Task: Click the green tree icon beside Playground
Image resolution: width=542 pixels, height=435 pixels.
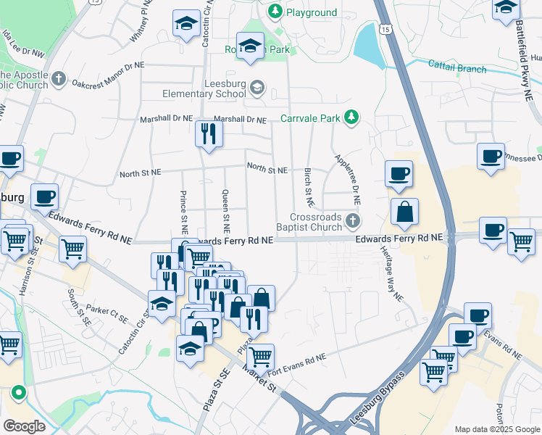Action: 275,12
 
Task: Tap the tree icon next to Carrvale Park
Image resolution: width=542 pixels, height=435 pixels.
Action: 351,117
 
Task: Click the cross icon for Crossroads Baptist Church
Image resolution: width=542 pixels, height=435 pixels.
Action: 353,220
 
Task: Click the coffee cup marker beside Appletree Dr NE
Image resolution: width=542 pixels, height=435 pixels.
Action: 399,174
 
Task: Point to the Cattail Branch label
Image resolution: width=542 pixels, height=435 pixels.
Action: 456,69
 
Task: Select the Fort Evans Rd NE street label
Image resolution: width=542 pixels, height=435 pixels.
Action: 297,360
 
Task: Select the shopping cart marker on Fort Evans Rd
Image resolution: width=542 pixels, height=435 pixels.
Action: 260,357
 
